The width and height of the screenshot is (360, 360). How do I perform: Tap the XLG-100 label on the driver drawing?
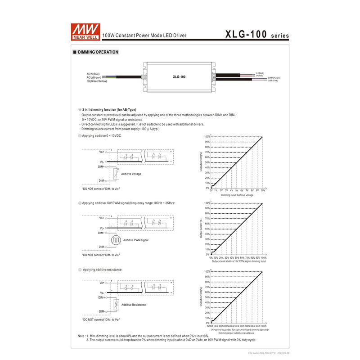click(x=179, y=76)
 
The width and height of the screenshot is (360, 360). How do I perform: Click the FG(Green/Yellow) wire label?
click(x=97, y=81)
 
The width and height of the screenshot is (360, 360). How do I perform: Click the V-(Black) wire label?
click(x=260, y=72)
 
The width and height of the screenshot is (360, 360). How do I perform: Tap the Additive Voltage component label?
click(x=131, y=174)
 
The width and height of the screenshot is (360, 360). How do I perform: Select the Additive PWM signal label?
click(x=135, y=240)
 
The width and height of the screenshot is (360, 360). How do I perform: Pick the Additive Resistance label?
click(x=134, y=305)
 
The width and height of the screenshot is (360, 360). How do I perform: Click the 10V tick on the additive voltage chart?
click(x=263, y=191)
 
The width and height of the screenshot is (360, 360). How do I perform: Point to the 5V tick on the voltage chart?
click(x=237, y=191)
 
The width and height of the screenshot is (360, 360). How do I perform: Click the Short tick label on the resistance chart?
click(x=210, y=326)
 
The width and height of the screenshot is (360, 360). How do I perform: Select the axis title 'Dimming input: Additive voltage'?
click(x=237, y=195)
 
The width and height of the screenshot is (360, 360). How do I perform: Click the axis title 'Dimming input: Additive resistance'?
click(x=236, y=333)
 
